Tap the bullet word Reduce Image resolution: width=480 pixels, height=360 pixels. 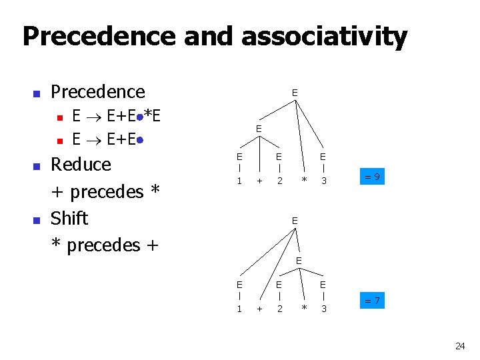coord(81,164)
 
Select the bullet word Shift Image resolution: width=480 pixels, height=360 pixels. coord(69,218)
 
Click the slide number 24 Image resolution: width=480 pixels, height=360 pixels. coord(459,346)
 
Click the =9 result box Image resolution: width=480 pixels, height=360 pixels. coord(373,177)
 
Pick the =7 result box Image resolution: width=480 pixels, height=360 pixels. coord(373,301)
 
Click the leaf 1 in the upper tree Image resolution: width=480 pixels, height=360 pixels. coord(239,181)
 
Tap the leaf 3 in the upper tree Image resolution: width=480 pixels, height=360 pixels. coord(323,181)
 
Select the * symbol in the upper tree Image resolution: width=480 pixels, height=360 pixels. coord(303,181)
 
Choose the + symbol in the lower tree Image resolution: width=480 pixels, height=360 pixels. coord(260,309)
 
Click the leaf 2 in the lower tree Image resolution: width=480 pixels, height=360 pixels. coord(281,308)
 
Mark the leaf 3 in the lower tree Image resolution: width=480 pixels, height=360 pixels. coord(323,308)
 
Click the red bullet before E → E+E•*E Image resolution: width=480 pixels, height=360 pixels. coord(59,118)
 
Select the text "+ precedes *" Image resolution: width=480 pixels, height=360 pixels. coord(106,191)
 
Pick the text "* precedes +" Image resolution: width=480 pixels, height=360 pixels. coord(105,245)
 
